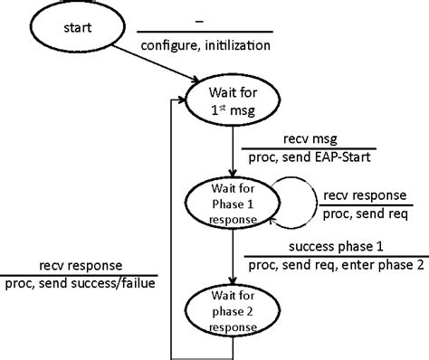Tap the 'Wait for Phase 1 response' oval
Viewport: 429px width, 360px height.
234,206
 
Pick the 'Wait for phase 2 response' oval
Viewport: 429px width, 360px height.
234,310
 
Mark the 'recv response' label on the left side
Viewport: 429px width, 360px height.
81,266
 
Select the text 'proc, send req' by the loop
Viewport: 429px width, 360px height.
365,214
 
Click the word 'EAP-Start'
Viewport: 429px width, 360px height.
342,157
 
